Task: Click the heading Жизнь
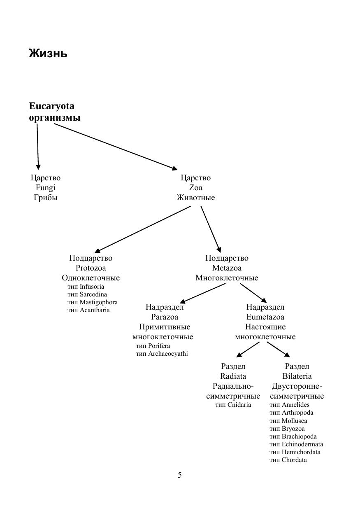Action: coord(48,54)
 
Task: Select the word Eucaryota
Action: coord(52,106)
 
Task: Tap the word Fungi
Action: coord(45,188)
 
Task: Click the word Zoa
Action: coord(195,188)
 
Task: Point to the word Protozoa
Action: coord(91,268)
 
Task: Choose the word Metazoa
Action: coord(227,268)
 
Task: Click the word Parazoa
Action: coord(165,317)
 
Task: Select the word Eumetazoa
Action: coord(265,317)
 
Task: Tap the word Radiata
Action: coord(233,376)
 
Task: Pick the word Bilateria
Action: coord(297,376)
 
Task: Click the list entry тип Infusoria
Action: coord(86,287)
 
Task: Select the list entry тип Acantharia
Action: coord(88,310)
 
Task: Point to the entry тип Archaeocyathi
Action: coord(162,354)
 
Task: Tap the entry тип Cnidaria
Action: coord(233,405)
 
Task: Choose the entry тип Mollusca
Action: coord(288,421)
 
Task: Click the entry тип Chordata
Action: coord(288,460)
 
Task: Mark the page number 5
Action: coord(180,475)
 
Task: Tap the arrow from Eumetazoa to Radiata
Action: coord(248,350)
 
